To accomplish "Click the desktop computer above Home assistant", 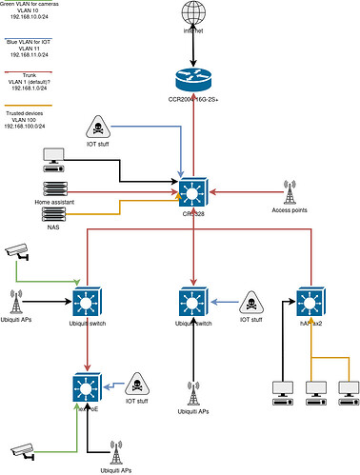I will coord(54,156).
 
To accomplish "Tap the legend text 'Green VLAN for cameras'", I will coord(35,5).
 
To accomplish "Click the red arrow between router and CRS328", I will coord(193,133).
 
